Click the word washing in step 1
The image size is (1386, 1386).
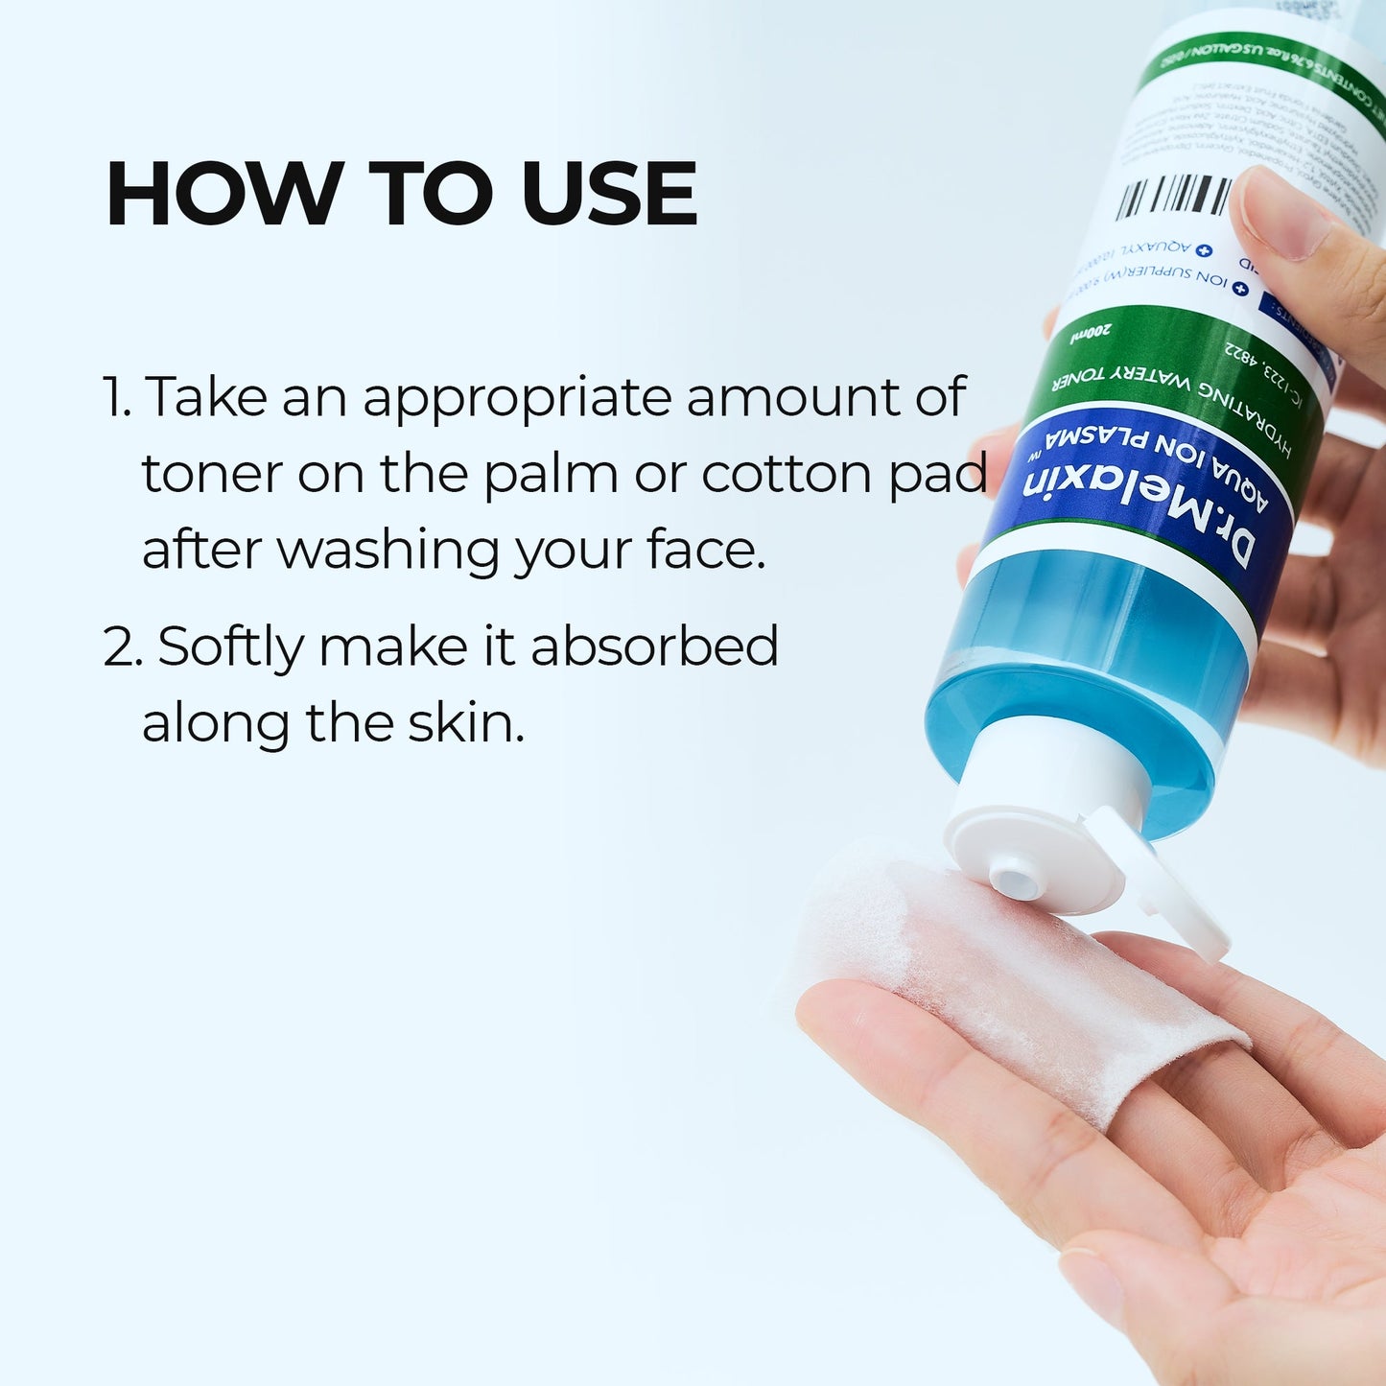point(388,552)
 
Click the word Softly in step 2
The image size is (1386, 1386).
point(230,646)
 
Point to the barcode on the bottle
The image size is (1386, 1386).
point(1174,196)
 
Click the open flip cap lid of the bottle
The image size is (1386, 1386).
point(1165,887)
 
